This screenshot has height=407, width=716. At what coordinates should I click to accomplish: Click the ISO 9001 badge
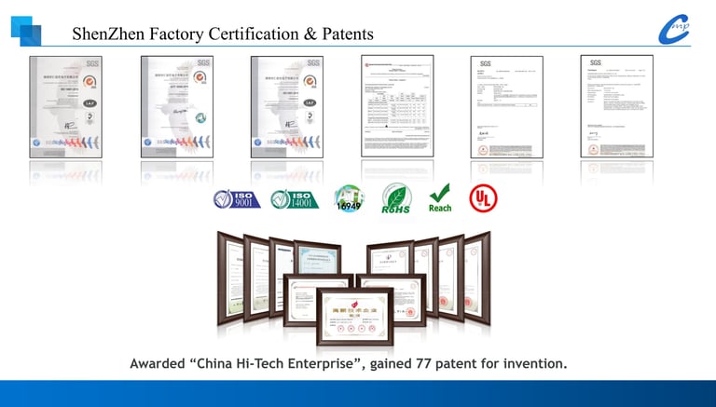[236, 198]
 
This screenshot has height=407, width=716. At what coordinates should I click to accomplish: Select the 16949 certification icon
[349, 198]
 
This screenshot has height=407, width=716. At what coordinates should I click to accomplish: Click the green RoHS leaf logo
[397, 198]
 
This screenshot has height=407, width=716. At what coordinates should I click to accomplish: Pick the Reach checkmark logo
[440, 197]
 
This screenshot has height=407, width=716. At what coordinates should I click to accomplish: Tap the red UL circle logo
[483, 198]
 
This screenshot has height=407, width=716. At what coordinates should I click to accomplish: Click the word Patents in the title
[343, 34]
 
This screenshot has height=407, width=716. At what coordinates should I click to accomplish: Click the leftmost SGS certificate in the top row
[64, 106]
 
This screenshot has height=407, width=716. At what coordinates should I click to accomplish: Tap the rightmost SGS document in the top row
[616, 106]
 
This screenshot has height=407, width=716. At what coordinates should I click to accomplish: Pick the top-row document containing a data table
[396, 106]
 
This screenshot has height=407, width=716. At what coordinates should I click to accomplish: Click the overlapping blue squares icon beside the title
[26, 30]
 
